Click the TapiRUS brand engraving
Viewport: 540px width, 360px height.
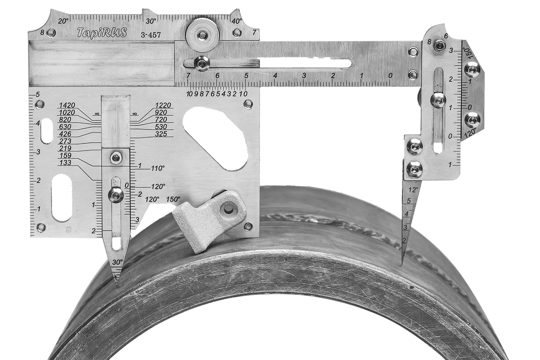(102, 32)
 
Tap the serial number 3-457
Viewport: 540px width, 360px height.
(151, 35)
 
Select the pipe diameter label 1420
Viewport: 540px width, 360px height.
(67, 105)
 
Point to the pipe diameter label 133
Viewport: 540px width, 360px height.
(65, 162)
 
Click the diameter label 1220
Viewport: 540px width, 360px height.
(163, 105)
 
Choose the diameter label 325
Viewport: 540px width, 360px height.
(161, 134)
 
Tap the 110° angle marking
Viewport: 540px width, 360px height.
(158, 168)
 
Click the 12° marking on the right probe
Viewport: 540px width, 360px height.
(413, 190)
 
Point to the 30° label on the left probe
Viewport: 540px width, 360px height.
(117, 262)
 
